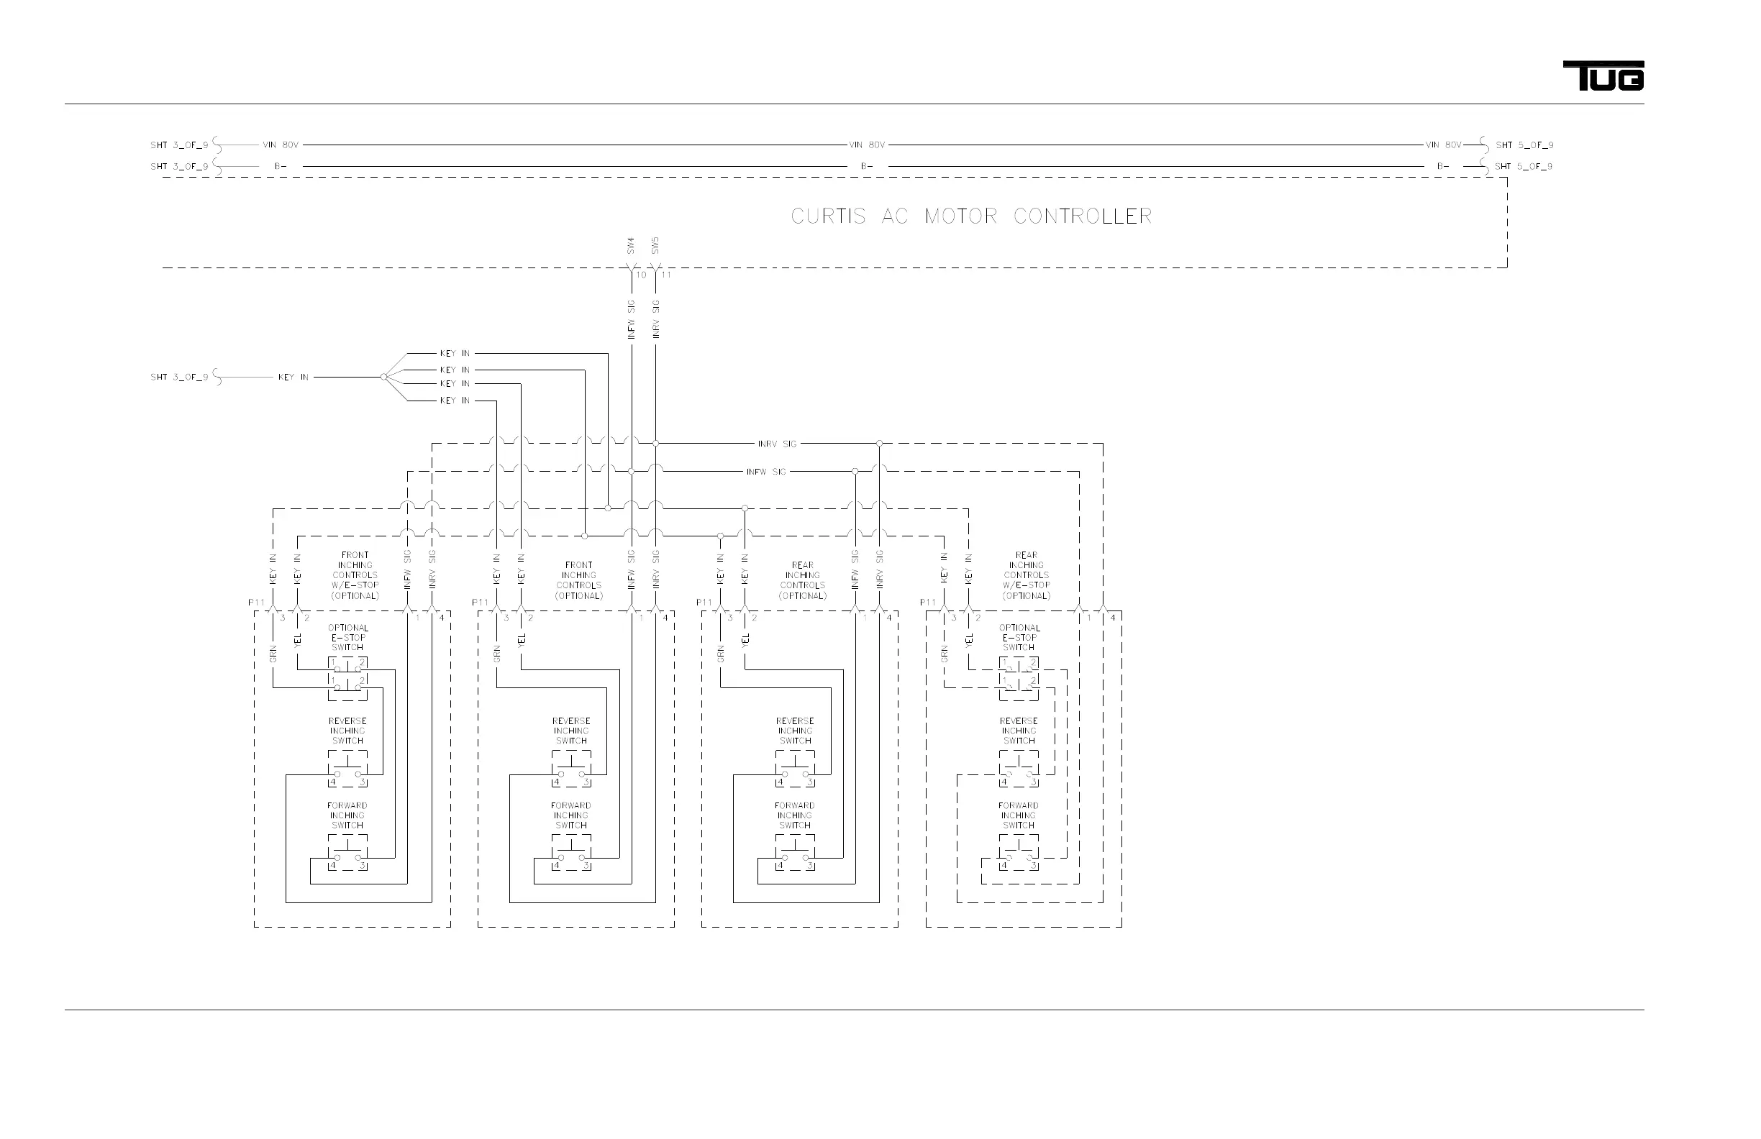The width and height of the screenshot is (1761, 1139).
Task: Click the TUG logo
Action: click(1603, 76)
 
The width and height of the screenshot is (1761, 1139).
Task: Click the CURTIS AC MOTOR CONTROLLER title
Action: click(970, 216)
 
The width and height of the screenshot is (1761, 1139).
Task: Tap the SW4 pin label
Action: click(630, 245)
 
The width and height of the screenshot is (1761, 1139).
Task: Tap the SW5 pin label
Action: click(655, 245)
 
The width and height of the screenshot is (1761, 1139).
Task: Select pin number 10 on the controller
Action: click(641, 275)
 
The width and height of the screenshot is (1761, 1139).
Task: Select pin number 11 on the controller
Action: click(666, 275)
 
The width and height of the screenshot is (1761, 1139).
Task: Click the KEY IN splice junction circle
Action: click(383, 378)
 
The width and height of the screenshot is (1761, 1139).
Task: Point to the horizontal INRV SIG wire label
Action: click(777, 444)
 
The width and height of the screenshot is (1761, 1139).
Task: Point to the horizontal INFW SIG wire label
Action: click(766, 472)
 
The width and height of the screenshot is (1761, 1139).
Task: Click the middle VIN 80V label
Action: click(866, 145)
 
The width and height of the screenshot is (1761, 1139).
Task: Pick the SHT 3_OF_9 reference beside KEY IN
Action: click(179, 378)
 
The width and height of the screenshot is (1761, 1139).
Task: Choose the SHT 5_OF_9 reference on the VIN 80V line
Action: click(1524, 145)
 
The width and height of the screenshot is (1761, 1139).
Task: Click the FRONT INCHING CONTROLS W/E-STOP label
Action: click(355, 575)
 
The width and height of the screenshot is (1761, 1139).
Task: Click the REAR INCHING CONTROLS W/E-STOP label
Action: click(1027, 575)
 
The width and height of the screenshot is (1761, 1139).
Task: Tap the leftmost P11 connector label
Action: click(256, 603)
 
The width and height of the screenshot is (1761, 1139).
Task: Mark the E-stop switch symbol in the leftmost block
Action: click(347, 679)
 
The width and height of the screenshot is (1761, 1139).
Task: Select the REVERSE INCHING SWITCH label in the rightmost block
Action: click(1019, 731)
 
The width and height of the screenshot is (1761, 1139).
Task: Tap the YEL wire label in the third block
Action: click(745, 640)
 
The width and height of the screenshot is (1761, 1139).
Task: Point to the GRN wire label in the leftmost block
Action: click(273, 654)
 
